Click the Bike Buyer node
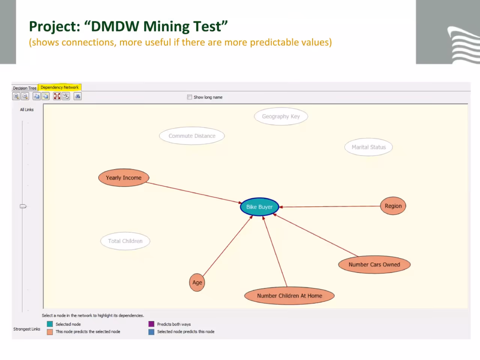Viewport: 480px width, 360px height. (259, 207)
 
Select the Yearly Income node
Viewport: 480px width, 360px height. (124, 177)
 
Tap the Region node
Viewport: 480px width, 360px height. (393, 205)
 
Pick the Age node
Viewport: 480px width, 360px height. (197, 282)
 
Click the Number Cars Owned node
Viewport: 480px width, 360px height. (374, 264)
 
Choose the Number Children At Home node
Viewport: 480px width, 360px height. (289, 296)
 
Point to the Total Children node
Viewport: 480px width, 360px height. (125, 241)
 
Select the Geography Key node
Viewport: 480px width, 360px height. (281, 116)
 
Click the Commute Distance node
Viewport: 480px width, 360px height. (192, 136)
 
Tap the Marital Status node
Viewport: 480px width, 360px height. (369, 147)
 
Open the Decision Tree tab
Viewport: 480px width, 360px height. (24, 88)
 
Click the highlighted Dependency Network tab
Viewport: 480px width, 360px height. (60, 87)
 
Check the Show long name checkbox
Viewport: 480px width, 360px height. (190, 97)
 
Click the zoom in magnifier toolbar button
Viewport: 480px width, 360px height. (16, 96)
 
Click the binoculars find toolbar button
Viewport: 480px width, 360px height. (77, 96)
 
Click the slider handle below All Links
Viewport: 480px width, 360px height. (23, 206)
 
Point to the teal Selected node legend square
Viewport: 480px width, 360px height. (50, 324)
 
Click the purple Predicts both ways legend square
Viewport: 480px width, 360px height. (151, 324)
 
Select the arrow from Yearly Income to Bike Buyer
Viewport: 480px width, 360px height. (193, 193)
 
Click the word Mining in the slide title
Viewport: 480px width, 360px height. (166, 27)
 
